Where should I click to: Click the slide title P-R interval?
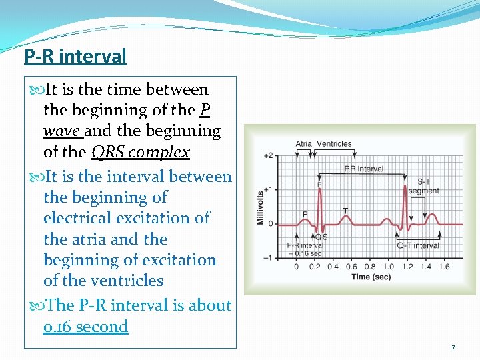coord(75,56)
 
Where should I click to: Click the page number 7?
coord(453,348)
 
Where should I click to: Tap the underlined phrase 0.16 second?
coord(85,327)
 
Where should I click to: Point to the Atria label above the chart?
coord(304,144)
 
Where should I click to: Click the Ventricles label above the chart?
coord(335,144)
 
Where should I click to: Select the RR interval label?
coord(364,169)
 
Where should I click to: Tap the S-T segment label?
coord(423,186)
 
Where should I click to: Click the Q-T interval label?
coord(418,245)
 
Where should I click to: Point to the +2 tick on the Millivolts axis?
coord(268,156)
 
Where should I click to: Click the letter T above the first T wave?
coord(345,211)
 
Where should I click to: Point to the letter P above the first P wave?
coord(305,214)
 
